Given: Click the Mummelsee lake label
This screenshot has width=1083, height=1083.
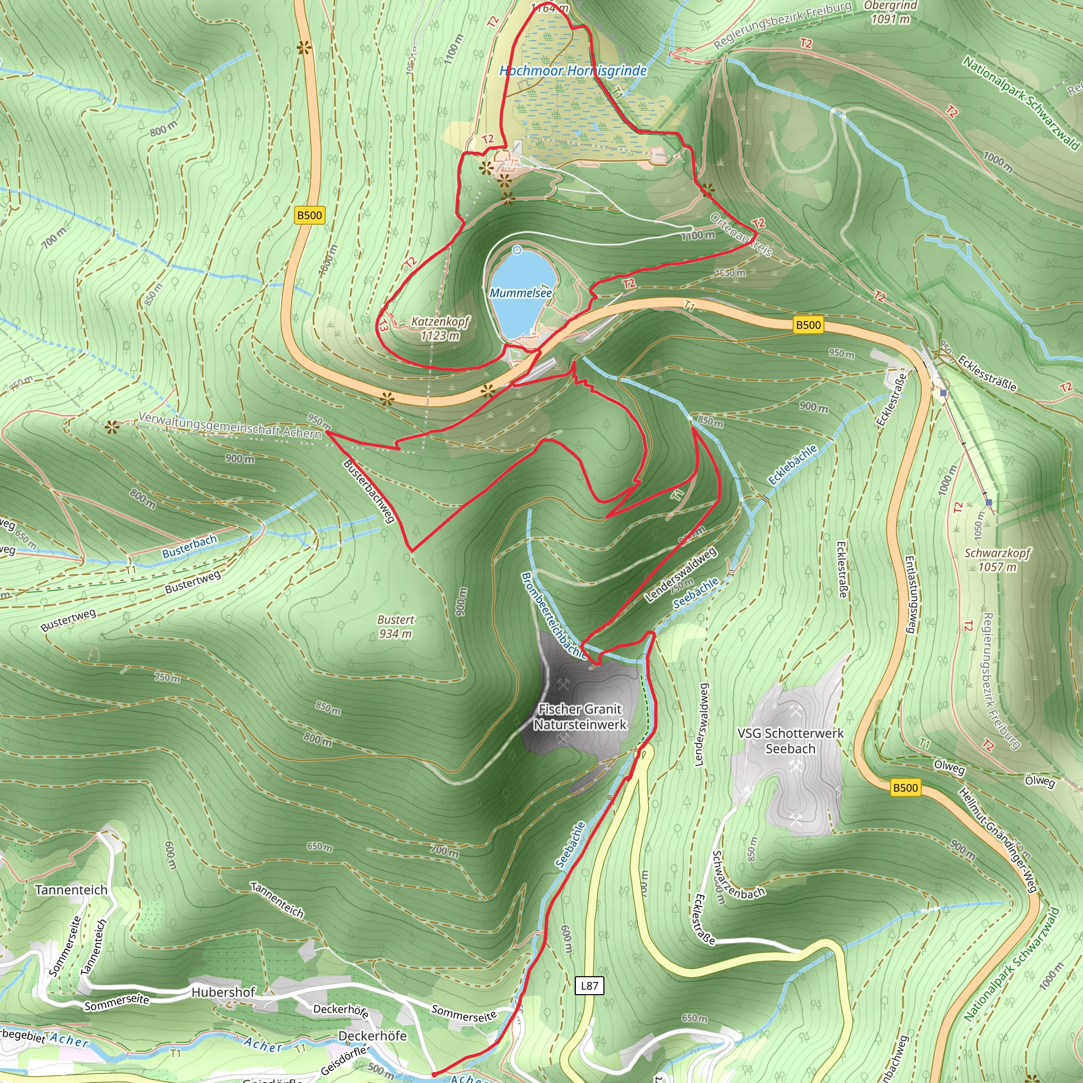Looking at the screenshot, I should (x=521, y=292).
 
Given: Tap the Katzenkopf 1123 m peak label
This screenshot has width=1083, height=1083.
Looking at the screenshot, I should (x=440, y=328).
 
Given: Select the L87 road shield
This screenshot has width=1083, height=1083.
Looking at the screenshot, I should (x=589, y=986).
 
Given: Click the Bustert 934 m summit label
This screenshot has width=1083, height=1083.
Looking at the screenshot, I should (x=396, y=627).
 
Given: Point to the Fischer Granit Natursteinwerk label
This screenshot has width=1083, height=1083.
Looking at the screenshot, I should (x=580, y=717).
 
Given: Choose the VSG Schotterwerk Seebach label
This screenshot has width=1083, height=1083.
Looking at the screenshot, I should (x=790, y=741).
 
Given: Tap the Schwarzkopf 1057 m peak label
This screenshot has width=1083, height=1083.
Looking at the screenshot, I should (x=997, y=559).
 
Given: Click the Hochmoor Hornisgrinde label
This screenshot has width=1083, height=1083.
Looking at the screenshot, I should (x=573, y=71).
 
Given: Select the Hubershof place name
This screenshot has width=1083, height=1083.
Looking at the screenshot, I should (x=223, y=992).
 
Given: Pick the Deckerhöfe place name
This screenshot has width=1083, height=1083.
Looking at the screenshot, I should (x=372, y=1036).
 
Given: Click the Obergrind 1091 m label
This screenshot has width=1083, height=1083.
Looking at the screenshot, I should (x=890, y=12).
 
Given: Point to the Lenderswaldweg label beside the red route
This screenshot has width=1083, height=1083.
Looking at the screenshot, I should (x=681, y=575).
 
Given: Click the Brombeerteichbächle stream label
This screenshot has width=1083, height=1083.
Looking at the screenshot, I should (x=553, y=616).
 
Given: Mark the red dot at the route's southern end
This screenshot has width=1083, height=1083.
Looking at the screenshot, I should (x=434, y=1075).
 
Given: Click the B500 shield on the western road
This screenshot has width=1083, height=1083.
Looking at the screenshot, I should (x=309, y=215).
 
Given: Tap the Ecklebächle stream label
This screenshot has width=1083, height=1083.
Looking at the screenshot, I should (x=792, y=465).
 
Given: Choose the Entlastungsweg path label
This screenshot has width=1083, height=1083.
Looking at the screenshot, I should (x=911, y=594).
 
